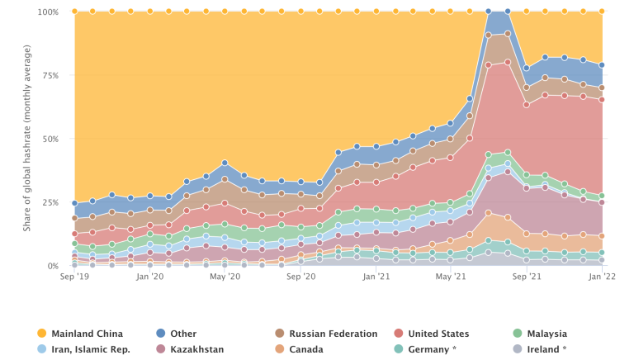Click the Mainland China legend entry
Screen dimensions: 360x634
click(88, 334)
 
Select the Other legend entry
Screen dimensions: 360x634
click(183, 334)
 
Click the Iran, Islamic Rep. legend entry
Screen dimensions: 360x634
click(91, 349)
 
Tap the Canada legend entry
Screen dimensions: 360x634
click(305, 349)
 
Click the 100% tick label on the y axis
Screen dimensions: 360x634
click(48, 12)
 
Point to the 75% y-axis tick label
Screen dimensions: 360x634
click(50, 76)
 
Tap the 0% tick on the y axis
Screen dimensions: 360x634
click(53, 266)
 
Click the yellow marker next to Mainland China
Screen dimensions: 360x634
click(41, 334)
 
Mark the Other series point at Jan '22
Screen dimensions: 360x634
click(602, 65)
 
